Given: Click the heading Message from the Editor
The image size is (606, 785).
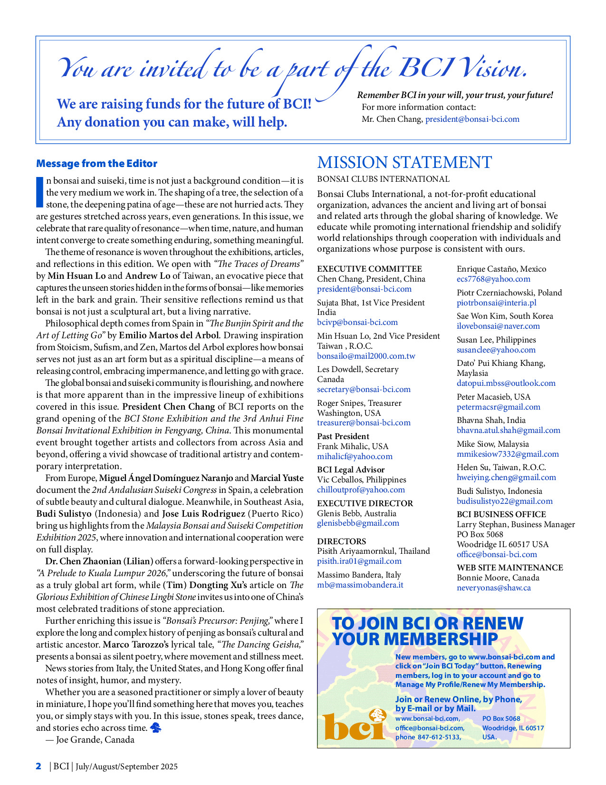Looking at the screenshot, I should pyautogui.click(x=96, y=164).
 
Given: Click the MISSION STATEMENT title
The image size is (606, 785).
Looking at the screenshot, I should pyautogui.click(x=404, y=163).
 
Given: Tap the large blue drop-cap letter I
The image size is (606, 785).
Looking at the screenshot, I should pyautogui.click(x=40, y=192).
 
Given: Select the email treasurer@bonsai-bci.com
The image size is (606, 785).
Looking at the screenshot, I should pyautogui.click(x=364, y=422).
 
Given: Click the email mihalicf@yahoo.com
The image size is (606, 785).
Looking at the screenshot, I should pyautogui.click(x=355, y=456).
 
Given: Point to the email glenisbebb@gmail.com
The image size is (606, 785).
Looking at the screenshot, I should pyautogui.click(x=358, y=523).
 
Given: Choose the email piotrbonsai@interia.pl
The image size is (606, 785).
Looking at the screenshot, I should pyautogui.click(x=496, y=303).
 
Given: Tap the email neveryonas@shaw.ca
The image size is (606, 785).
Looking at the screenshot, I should pyautogui.click(x=493, y=588).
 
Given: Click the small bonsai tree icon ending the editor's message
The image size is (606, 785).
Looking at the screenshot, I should pyautogui.click(x=155, y=727).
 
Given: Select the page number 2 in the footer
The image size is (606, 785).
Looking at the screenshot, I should pyautogui.click(x=38, y=766).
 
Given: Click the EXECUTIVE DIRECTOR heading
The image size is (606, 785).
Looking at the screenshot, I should pyautogui.click(x=365, y=503).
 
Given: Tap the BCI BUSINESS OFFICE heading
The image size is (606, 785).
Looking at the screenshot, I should pyautogui.click(x=501, y=514).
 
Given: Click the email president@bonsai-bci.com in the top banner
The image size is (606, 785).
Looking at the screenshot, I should pyautogui.click(x=472, y=119).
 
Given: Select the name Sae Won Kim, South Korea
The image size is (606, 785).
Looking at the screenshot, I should pyautogui.click(x=505, y=316).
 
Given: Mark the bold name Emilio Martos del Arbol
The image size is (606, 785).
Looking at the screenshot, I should pyautogui.click(x=169, y=335).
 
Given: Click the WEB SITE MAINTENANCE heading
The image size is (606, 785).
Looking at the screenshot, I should pyautogui.click(x=510, y=568).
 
